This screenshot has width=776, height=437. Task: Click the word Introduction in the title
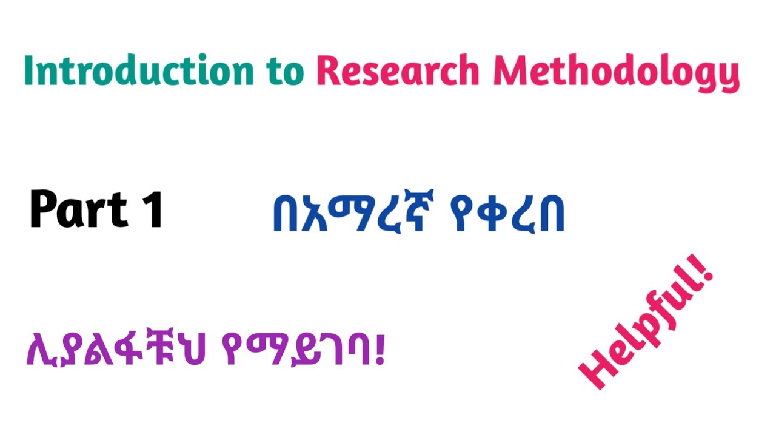(138, 72)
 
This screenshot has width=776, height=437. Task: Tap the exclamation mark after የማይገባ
(381, 350)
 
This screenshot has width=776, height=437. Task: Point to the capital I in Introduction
(28, 72)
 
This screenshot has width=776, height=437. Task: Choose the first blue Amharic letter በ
(286, 216)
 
